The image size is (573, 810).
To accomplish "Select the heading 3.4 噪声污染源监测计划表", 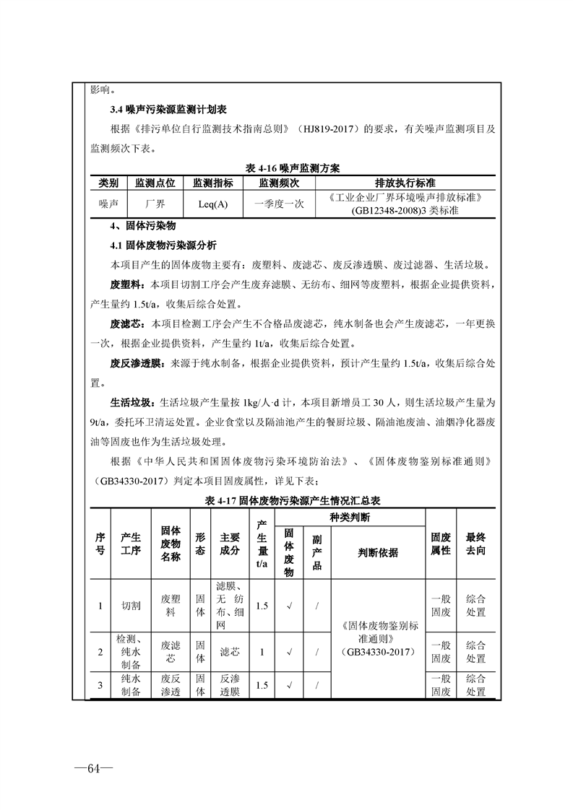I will [x=168, y=110].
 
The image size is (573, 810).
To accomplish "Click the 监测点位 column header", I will [x=155, y=183].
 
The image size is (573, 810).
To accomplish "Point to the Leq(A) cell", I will [x=212, y=204].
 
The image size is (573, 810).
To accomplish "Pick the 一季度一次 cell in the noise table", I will [x=279, y=204].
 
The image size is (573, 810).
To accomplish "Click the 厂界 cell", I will [x=155, y=204].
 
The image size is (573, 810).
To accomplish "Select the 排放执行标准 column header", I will [x=404, y=183].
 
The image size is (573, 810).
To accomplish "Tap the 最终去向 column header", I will [x=475, y=544].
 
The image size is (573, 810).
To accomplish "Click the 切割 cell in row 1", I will [x=131, y=606].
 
